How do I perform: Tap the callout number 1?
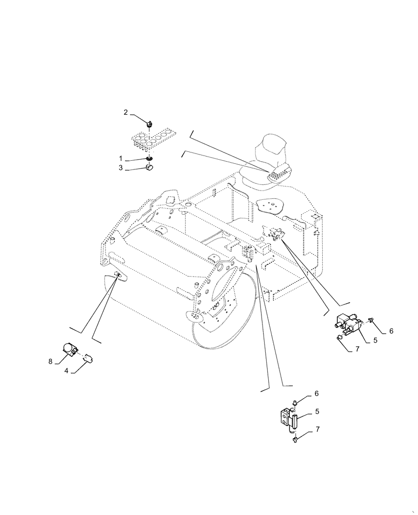click(x=121, y=158)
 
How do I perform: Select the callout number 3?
click(x=121, y=168)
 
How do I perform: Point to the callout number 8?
click(x=51, y=362)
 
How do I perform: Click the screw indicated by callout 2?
click(x=149, y=124)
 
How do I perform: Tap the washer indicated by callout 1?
click(x=149, y=159)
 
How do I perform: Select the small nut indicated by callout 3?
click(x=150, y=166)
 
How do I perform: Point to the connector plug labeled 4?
click(x=87, y=356)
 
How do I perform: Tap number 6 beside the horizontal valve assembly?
click(x=391, y=331)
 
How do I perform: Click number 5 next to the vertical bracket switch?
click(x=317, y=411)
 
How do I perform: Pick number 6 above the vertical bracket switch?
click(x=317, y=393)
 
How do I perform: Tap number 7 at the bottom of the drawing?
click(x=317, y=429)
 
